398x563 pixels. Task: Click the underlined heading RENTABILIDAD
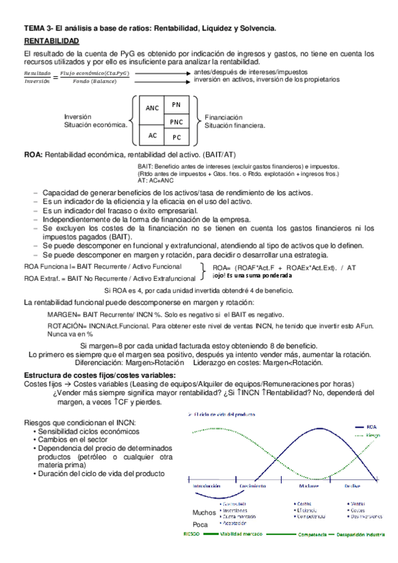point(52,41)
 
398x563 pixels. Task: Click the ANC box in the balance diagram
point(152,108)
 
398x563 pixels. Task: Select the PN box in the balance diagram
point(176,105)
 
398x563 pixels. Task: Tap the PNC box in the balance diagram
point(176,121)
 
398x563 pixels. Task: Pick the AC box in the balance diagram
point(152,135)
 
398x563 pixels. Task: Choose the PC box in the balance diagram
point(176,137)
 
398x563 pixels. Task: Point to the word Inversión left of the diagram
point(78,116)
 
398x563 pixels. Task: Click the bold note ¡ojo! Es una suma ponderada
point(252,276)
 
